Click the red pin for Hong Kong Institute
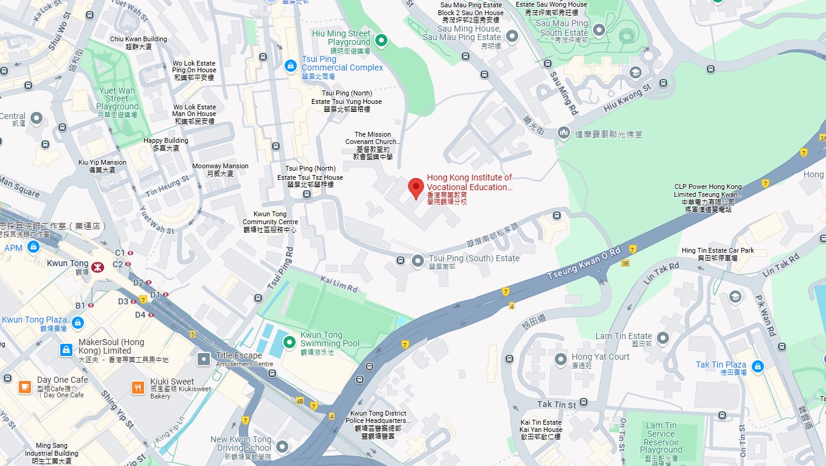415,187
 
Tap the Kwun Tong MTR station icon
96,267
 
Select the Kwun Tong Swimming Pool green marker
290,339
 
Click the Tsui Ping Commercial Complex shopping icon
291,64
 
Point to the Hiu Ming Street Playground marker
381,41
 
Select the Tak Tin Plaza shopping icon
757,366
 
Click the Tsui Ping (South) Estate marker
418,261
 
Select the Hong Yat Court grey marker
561,360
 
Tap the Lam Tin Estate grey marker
663,337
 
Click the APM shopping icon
33,247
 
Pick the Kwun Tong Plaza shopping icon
77,323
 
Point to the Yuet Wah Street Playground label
117,98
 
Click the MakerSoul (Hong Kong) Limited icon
66,349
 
